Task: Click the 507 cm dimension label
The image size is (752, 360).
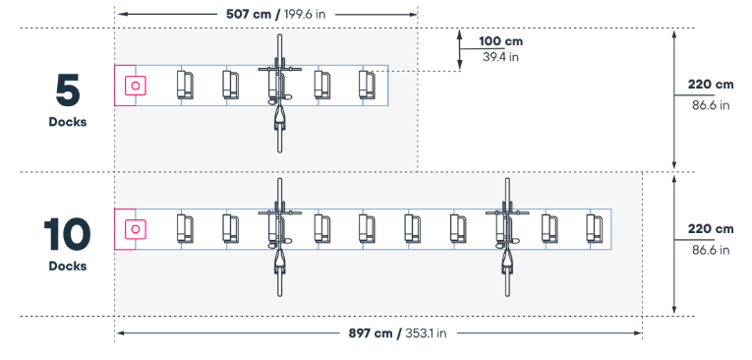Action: click(250, 14)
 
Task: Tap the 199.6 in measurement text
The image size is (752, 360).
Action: click(305, 14)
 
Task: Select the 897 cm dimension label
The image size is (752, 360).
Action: click(371, 332)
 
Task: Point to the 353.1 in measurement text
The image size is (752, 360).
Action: click(426, 332)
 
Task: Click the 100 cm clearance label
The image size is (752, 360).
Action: click(500, 41)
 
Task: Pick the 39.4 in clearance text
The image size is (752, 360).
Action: click(500, 57)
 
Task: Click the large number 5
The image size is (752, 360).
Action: click(68, 91)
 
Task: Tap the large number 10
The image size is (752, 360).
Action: click(67, 235)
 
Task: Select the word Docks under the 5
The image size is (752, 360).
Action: click(68, 122)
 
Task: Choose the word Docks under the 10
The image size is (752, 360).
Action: click(68, 266)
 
